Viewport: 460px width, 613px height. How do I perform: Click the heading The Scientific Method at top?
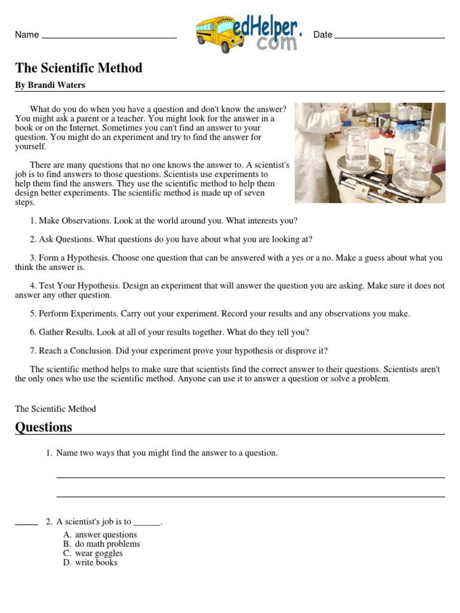[x=78, y=68]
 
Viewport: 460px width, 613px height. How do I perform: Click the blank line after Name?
[x=109, y=37]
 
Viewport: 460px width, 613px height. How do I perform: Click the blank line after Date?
[x=389, y=37]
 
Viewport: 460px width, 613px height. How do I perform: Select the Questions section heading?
[x=44, y=427]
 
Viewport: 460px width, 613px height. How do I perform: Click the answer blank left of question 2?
[x=26, y=524]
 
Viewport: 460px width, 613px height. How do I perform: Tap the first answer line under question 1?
[x=250, y=477]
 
